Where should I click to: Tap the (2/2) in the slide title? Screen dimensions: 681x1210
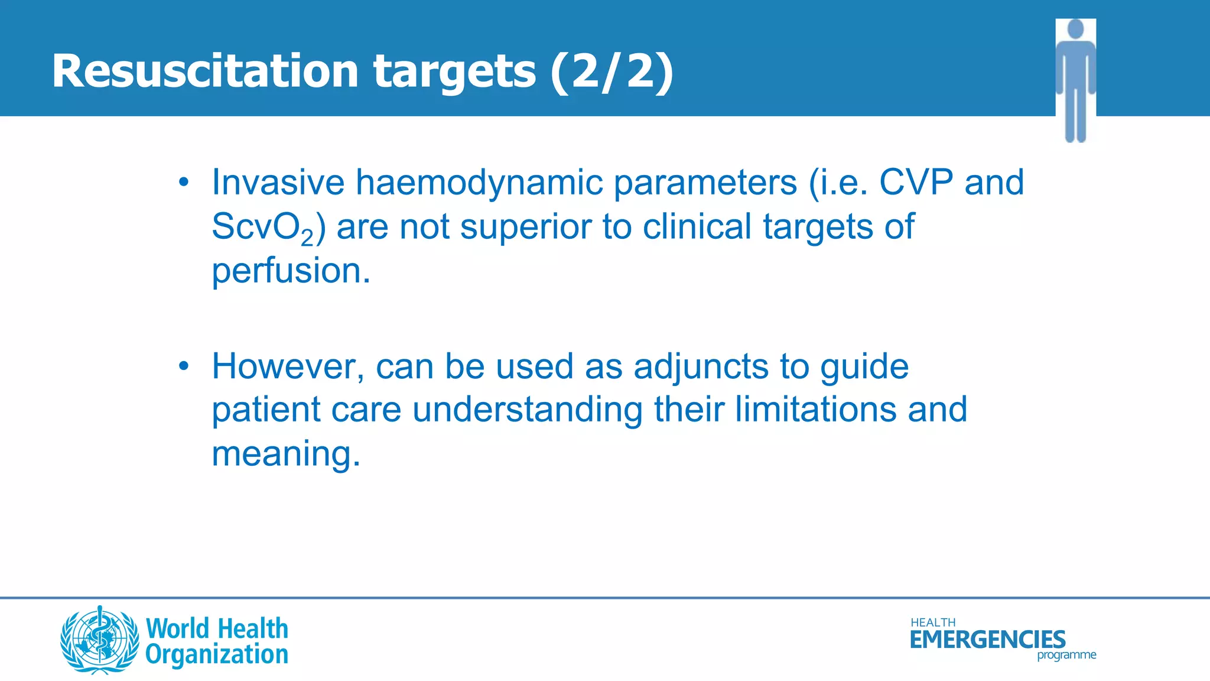[611, 72]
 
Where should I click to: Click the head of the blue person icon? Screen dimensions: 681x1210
[1076, 29]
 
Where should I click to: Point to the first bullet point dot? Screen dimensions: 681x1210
[184, 182]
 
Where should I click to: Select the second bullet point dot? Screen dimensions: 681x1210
[184, 367]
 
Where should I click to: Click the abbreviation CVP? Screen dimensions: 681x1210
[916, 182]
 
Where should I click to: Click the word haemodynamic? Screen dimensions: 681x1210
[479, 183]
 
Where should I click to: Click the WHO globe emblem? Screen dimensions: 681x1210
[100, 640]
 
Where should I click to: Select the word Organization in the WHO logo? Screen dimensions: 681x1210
[217, 655]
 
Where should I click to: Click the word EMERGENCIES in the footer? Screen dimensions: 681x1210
[987, 640]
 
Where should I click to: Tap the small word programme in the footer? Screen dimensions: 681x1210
[1066, 655]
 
